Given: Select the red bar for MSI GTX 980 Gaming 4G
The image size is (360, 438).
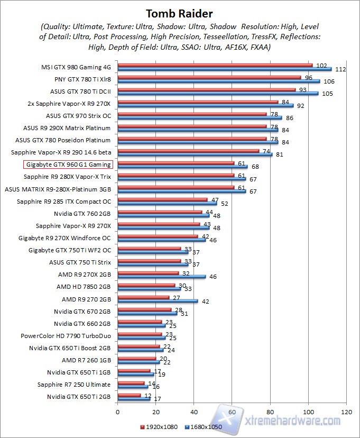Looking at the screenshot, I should coord(215,65).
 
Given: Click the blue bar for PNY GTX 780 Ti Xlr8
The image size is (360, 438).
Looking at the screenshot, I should coord(218,81).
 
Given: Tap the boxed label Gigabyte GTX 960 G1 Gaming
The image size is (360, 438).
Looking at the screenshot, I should coord(68,165).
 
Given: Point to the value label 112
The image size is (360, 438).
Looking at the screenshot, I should coord(340,70).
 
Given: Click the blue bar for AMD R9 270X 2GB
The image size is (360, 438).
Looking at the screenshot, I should coord(161,276).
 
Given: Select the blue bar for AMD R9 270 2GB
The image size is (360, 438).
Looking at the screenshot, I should coord(158,300).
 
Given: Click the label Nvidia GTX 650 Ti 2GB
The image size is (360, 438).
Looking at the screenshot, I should coord(79,397).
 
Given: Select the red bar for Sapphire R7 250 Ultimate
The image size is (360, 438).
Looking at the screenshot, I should coord(131,383).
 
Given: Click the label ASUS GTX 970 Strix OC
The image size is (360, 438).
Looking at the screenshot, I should coord(78,116).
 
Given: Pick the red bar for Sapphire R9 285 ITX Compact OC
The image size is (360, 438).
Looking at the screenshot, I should coord(162,199).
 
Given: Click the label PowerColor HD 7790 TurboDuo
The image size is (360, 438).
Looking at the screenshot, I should coord(66,336).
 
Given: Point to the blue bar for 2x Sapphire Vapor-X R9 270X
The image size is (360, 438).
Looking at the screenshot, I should coord(205,106).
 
